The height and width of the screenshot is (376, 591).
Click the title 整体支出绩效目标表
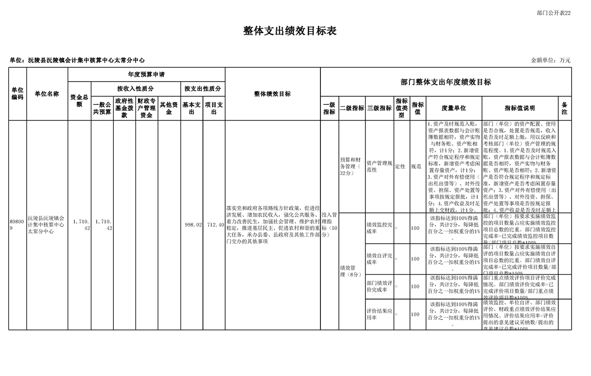pyautogui.click(x=290, y=31)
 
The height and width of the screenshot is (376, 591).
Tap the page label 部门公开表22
pyautogui.click(x=554, y=13)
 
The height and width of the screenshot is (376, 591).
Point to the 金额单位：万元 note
pyautogui.click(x=550, y=60)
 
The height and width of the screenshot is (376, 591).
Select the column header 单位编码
pyautogui.click(x=18, y=94)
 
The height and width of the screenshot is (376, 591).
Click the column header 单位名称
pyautogui.click(x=47, y=94)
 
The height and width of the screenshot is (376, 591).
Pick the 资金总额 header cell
pyautogui.click(x=79, y=101)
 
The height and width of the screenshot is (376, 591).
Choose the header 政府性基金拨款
pyautogui.click(x=124, y=108)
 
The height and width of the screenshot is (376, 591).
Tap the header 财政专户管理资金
pyautogui.click(x=146, y=108)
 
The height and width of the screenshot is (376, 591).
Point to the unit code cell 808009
pyautogui.click(x=16, y=225)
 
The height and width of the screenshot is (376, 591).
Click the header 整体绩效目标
pyautogui.click(x=273, y=94)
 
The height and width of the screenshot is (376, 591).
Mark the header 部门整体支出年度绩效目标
pyautogui.click(x=446, y=82)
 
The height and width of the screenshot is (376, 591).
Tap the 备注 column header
pyautogui.click(x=564, y=108)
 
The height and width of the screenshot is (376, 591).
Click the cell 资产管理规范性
pyautogui.click(x=379, y=166)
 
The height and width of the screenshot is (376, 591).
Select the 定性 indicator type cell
pyautogui.click(x=400, y=166)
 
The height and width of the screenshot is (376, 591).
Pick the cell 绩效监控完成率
pyautogui.click(x=379, y=228)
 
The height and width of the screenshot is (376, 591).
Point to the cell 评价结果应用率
pyautogui.click(x=379, y=314)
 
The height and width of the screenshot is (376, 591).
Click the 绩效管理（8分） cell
pyautogui.click(x=351, y=271)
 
